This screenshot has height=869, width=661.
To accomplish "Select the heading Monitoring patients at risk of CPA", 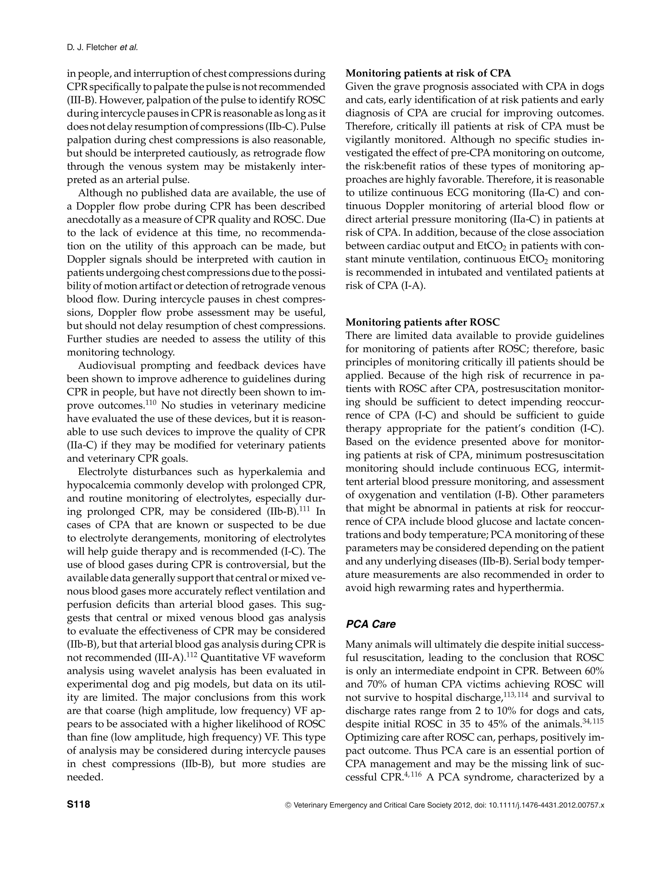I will [x=428, y=73].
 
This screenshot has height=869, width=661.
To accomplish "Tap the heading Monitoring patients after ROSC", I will [x=422, y=322].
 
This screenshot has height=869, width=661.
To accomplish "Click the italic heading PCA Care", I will [x=371, y=624].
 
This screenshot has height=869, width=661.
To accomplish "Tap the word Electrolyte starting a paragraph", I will [x=103, y=472].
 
